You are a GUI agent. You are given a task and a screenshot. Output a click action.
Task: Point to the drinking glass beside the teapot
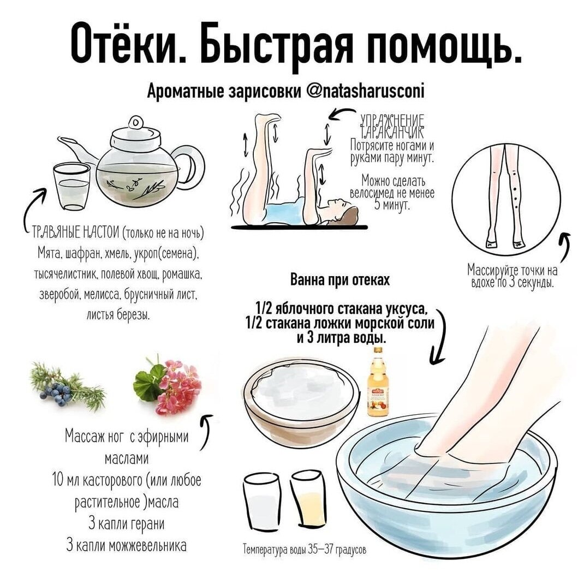[71, 186]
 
